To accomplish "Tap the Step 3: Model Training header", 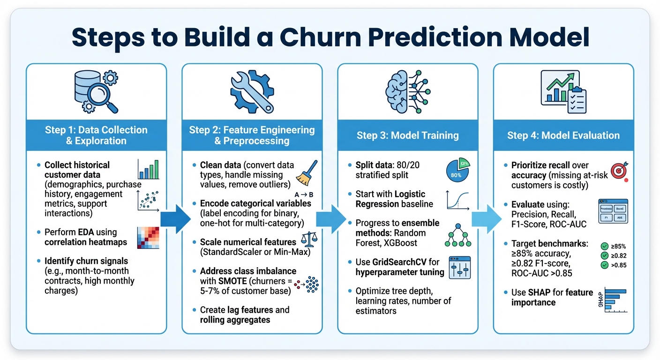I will click(407, 135).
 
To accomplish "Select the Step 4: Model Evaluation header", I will click(563, 135).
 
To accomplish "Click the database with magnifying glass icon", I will click(96, 91).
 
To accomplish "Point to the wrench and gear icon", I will click(252, 91).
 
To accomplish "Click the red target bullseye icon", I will click(619, 172).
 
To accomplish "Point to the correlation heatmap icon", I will click(148, 238).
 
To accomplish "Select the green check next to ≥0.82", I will click(604, 255).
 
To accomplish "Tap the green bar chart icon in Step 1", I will click(148, 169).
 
